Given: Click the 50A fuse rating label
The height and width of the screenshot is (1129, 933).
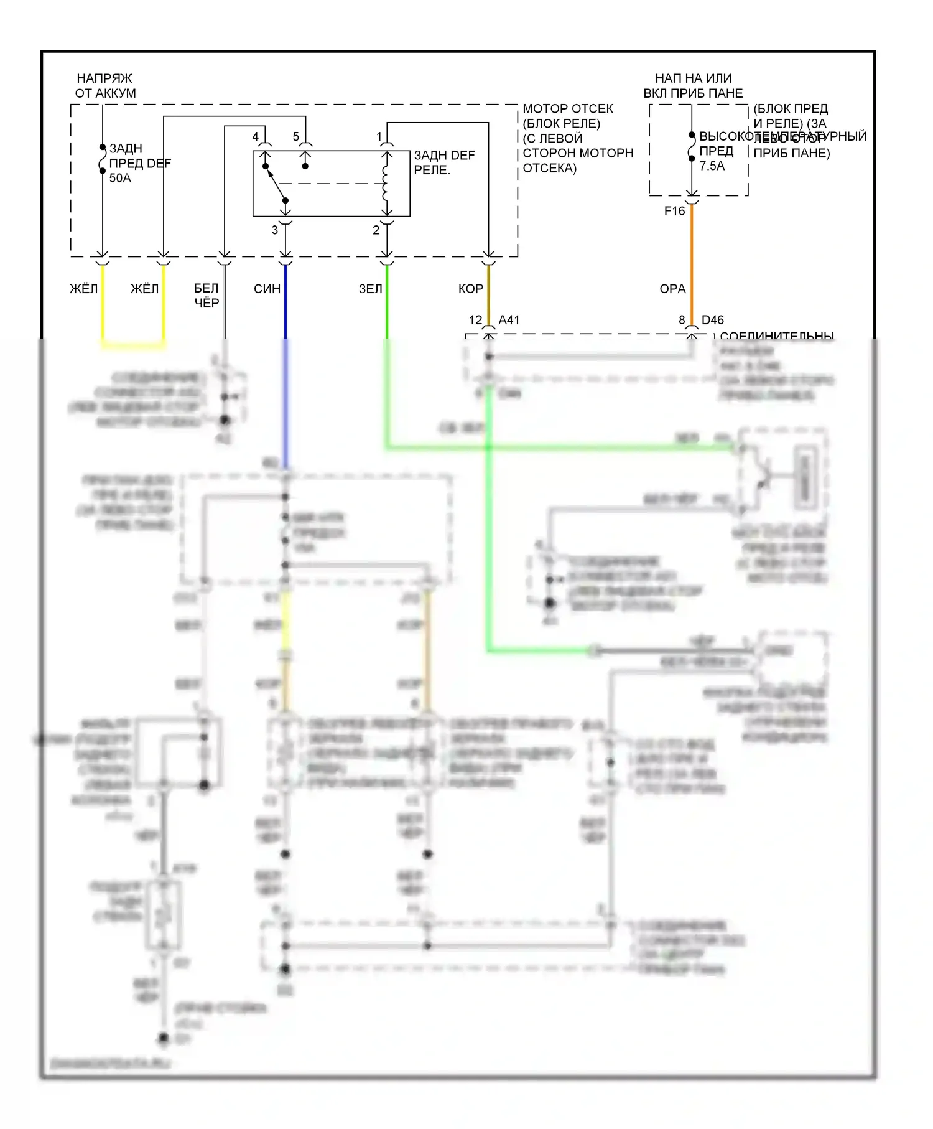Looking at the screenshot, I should [120, 178].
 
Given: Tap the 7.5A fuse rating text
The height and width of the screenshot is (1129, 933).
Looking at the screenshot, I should [712, 166].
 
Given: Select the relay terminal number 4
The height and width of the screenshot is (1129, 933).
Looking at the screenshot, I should [255, 136].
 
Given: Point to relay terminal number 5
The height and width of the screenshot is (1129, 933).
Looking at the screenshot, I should [296, 136].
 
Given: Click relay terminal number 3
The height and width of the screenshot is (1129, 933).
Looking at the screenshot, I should [274, 230].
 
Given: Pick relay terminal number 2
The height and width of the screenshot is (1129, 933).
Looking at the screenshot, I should [376, 230].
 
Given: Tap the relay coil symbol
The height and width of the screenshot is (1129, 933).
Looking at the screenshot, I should [386, 183].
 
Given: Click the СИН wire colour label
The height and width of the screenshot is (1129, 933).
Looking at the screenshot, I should [267, 289].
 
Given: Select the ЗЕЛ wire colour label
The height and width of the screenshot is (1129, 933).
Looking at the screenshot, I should [370, 289].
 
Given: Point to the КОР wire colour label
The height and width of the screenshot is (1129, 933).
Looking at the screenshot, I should [470, 289].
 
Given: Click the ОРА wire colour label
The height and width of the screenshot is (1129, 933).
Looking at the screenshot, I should [672, 289].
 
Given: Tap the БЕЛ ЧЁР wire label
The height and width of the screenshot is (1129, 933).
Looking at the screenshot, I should [207, 296].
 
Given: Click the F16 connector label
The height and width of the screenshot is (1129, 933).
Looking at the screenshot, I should [674, 211].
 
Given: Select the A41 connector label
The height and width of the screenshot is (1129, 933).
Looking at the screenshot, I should [509, 320].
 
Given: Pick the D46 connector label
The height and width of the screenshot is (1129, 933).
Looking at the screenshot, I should [713, 320].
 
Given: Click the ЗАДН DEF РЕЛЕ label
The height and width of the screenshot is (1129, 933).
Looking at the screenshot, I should [444, 162].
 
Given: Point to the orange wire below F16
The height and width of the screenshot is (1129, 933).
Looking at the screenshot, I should [692, 261].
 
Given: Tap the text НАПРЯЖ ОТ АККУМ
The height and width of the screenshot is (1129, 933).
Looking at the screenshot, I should [105, 86].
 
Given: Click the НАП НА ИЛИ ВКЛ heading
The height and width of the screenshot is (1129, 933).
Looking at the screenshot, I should [693, 86].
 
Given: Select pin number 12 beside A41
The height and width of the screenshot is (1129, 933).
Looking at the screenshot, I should [475, 320].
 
